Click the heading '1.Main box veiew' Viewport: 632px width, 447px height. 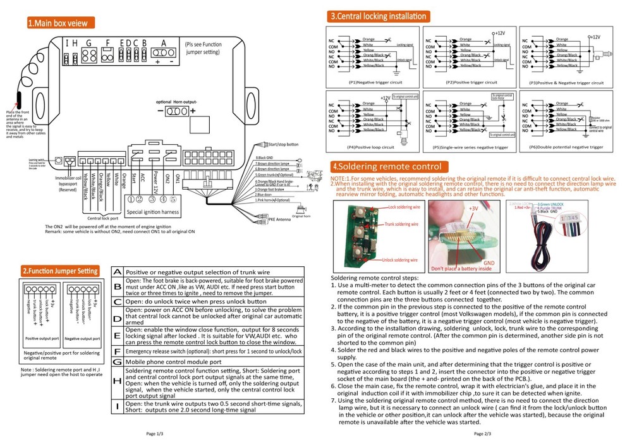click(60, 23)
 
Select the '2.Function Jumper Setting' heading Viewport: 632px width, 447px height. click(60, 271)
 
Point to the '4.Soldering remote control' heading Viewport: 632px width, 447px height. click(386, 167)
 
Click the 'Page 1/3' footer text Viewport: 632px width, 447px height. click(154, 434)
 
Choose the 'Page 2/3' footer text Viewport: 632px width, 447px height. click(482, 434)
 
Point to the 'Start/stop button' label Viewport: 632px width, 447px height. click(283, 145)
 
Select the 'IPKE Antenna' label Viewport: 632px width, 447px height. click(281, 219)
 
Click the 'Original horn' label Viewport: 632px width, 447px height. click(306, 216)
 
